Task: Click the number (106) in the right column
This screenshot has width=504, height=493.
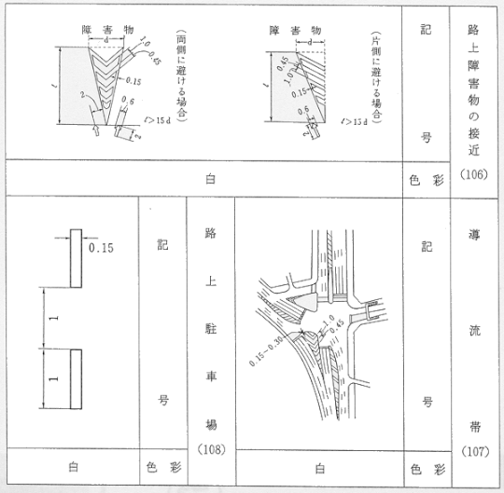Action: click(x=477, y=176)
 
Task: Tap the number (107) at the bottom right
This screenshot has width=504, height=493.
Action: click(x=477, y=456)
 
